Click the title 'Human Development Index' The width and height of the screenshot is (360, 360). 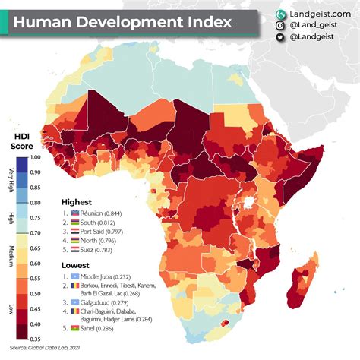[122, 22]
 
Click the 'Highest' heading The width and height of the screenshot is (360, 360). [77, 202]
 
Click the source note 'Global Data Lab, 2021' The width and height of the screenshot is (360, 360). [52, 348]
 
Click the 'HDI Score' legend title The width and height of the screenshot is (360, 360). [20, 140]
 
